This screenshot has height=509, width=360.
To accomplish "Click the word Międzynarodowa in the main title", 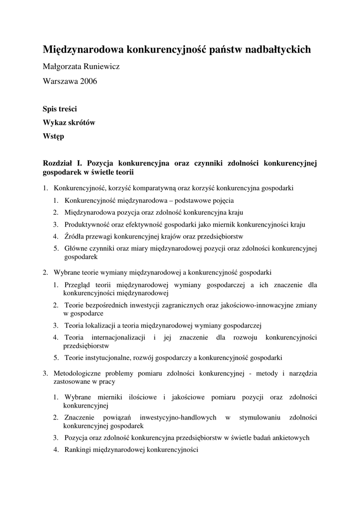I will pos(83,49).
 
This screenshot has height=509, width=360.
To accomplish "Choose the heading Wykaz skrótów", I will pos(69,122).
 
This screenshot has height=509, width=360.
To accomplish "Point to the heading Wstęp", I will pos(53,136).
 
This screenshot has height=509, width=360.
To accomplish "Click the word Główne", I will pos(77,248).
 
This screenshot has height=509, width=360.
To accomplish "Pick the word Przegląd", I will pos(79,285).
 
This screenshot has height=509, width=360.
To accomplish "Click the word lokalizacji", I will pos(98,326).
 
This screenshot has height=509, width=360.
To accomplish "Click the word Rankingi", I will pos(77,450).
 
